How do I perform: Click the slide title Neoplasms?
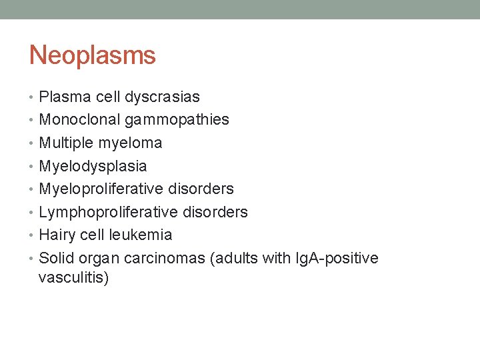92,55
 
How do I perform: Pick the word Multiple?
66,143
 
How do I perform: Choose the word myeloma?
130,143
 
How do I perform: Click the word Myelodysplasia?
93,166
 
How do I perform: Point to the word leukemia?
143,235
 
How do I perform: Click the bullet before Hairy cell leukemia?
33,235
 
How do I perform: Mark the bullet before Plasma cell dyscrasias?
33,97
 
